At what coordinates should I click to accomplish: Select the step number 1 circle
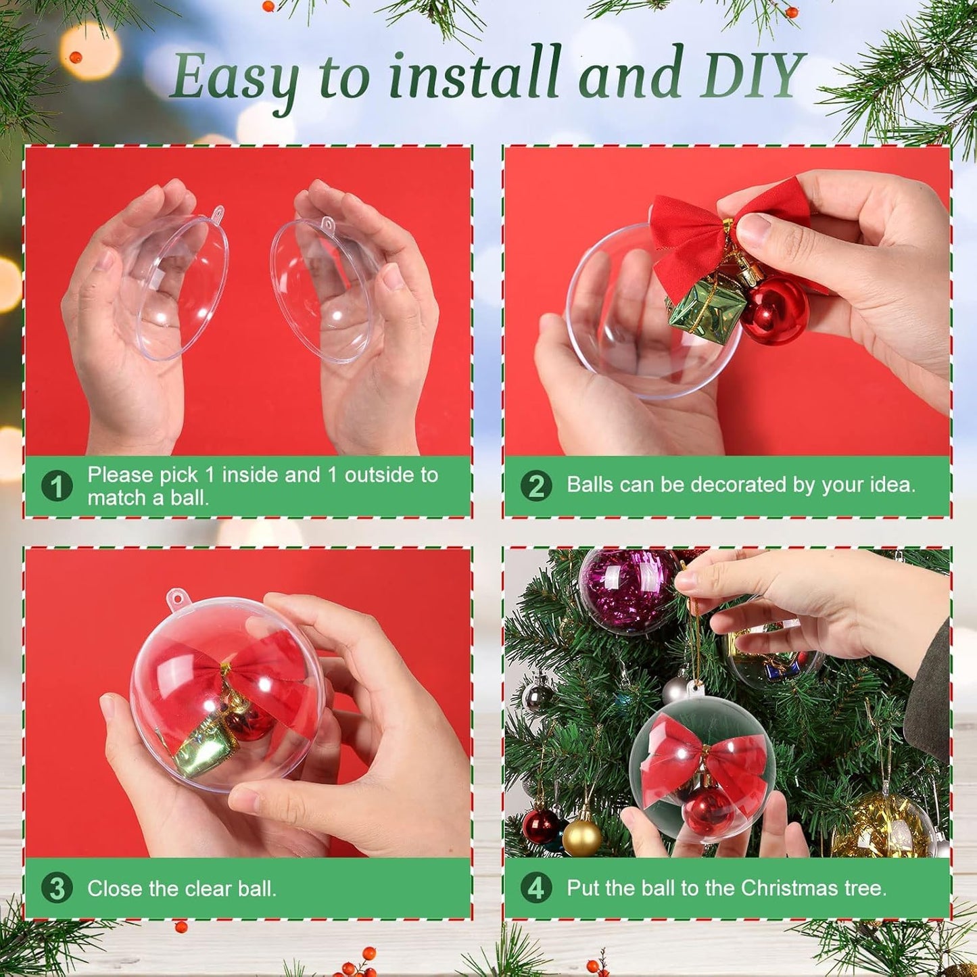click(57, 486)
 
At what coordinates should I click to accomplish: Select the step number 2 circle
click(536, 486)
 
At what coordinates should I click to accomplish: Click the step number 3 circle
click(57, 888)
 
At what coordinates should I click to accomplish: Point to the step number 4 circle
click(536, 888)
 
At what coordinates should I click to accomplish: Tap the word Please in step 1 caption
click(120, 475)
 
